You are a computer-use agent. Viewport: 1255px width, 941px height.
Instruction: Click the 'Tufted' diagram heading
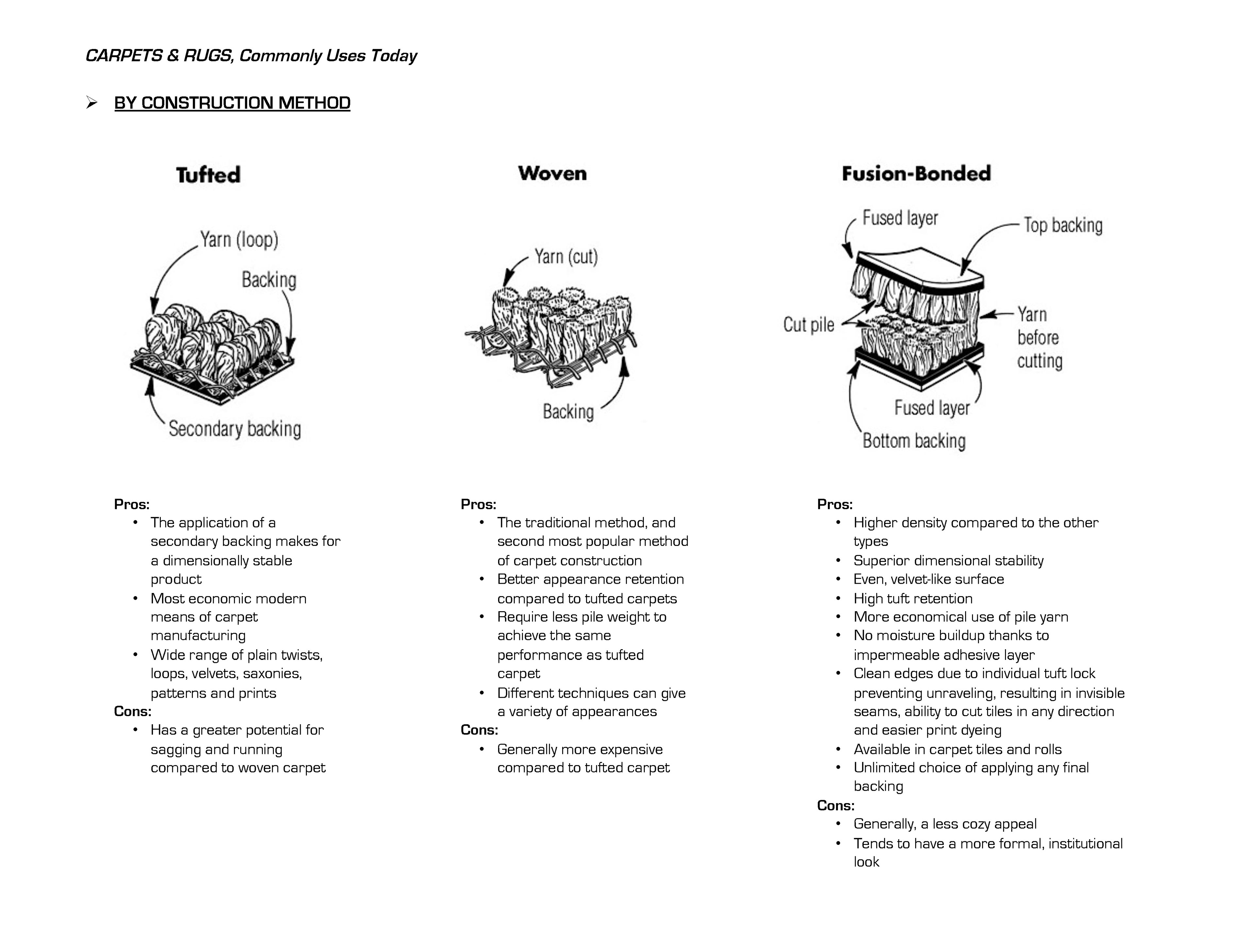coord(208,175)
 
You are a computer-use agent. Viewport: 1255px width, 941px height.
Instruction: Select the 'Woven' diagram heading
coord(552,173)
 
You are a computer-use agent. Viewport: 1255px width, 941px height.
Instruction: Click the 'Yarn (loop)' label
coord(239,240)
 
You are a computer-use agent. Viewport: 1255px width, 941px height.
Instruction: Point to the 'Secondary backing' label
coord(234,429)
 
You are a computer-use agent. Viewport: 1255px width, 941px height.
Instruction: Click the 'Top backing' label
coord(1063,225)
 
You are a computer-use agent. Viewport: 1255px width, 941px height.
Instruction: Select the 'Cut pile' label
coord(809,325)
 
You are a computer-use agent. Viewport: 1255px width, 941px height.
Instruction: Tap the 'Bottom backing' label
coord(913,441)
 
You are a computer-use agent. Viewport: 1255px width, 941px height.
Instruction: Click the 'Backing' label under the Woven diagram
coord(568,412)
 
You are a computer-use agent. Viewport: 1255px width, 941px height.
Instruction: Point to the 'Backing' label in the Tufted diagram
coord(269,280)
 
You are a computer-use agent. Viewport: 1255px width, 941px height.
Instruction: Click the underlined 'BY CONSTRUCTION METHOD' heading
coord(232,103)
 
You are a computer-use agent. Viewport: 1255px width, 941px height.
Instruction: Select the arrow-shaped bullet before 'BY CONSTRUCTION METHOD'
coord(91,103)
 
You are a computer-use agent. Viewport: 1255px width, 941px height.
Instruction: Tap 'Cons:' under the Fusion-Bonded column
coord(835,805)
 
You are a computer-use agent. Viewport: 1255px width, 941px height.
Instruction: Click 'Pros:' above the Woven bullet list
coord(478,504)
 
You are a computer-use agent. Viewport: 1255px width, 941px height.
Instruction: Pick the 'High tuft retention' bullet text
coord(912,598)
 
